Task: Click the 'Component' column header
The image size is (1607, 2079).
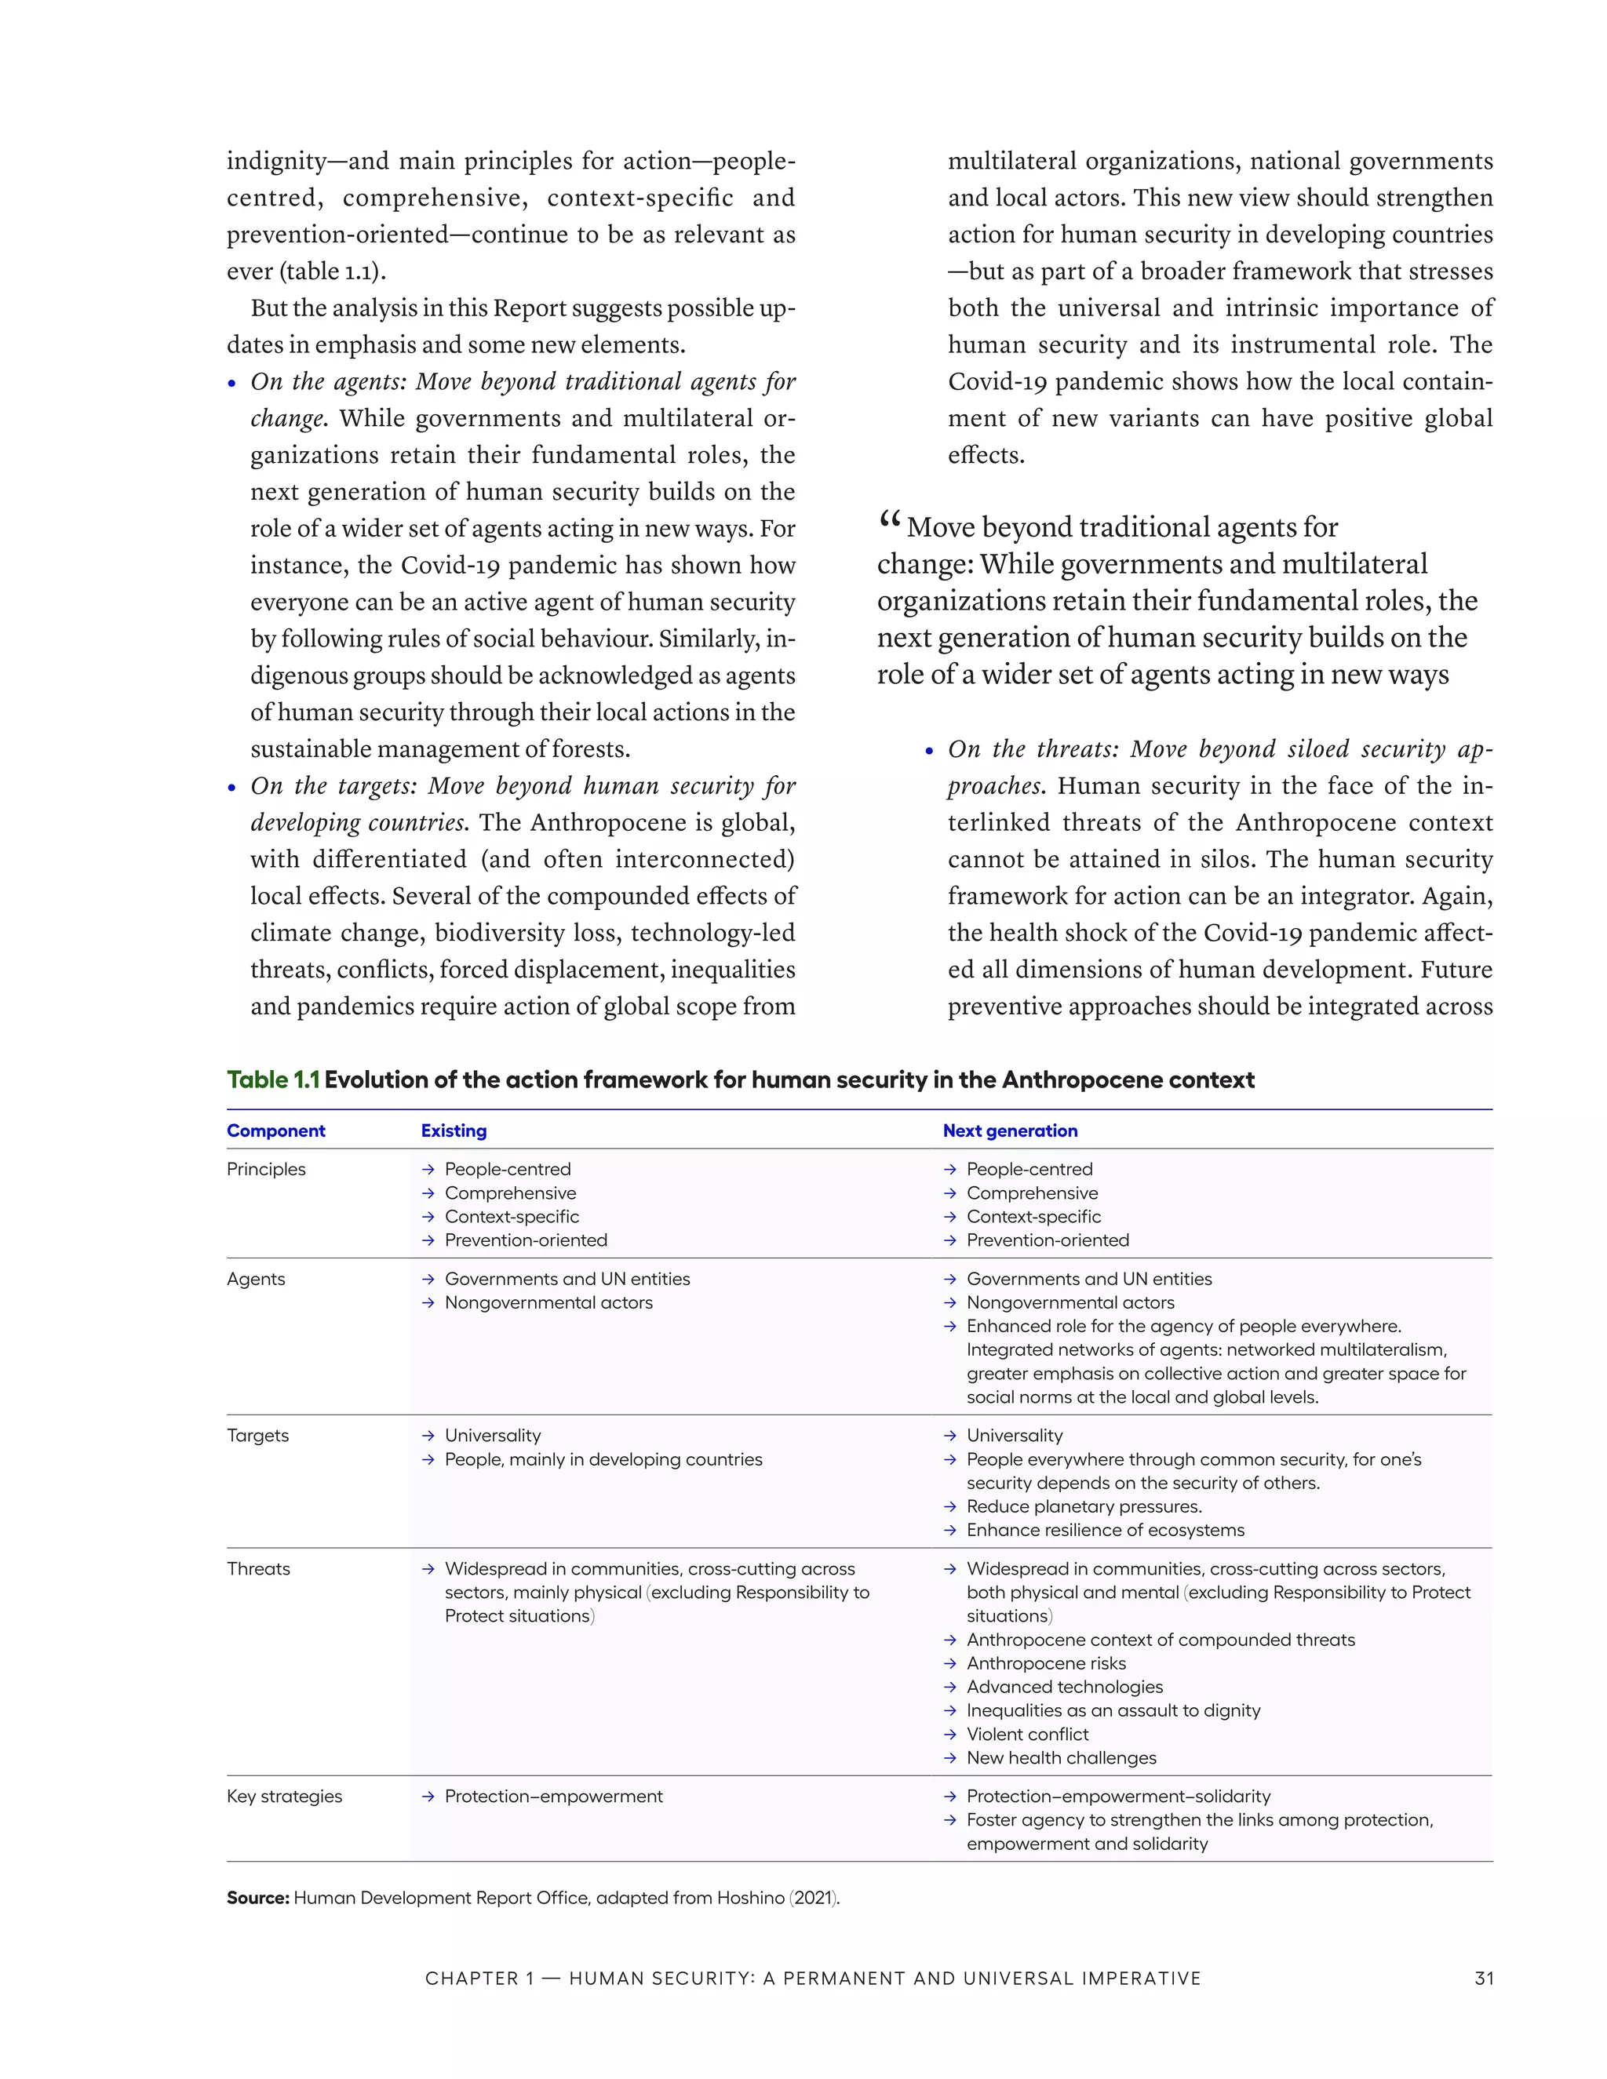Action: tap(275, 1131)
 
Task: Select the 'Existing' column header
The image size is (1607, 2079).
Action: tap(454, 1131)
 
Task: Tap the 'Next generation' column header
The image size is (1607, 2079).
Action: tap(1009, 1131)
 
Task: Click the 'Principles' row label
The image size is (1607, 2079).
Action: tap(266, 1169)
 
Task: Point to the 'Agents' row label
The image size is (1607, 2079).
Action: tap(255, 1280)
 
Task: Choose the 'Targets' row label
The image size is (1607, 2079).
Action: tap(257, 1436)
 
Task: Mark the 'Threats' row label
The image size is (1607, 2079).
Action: tap(258, 1569)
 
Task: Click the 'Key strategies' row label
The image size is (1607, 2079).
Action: tap(284, 1797)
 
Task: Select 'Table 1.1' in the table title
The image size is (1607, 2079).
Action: tap(272, 1080)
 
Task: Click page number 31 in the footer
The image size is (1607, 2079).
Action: tap(1483, 1978)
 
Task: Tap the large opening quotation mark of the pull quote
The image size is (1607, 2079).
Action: tap(889, 522)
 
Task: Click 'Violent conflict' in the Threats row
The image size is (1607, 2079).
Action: tap(1027, 1735)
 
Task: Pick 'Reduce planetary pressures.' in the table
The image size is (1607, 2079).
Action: tap(1084, 1507)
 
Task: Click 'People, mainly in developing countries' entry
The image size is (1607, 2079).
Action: tap(603, 1459)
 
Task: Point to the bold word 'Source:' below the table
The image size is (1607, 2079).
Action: tap(257, 1898)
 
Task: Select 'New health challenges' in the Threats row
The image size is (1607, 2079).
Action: tap(1061, 1758)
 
